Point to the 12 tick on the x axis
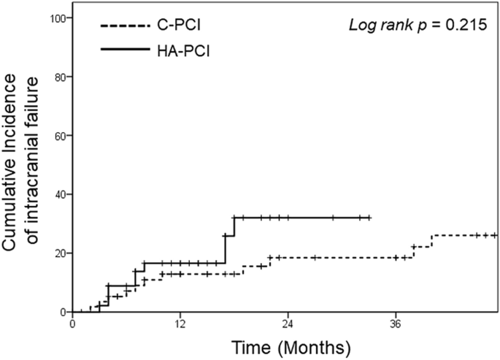[x=180, y=323]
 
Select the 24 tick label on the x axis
[x=288, y=323]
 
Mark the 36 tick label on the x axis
[x=395, y=323]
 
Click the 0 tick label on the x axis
[x=72, y=323]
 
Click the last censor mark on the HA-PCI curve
[x=369, y=218]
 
